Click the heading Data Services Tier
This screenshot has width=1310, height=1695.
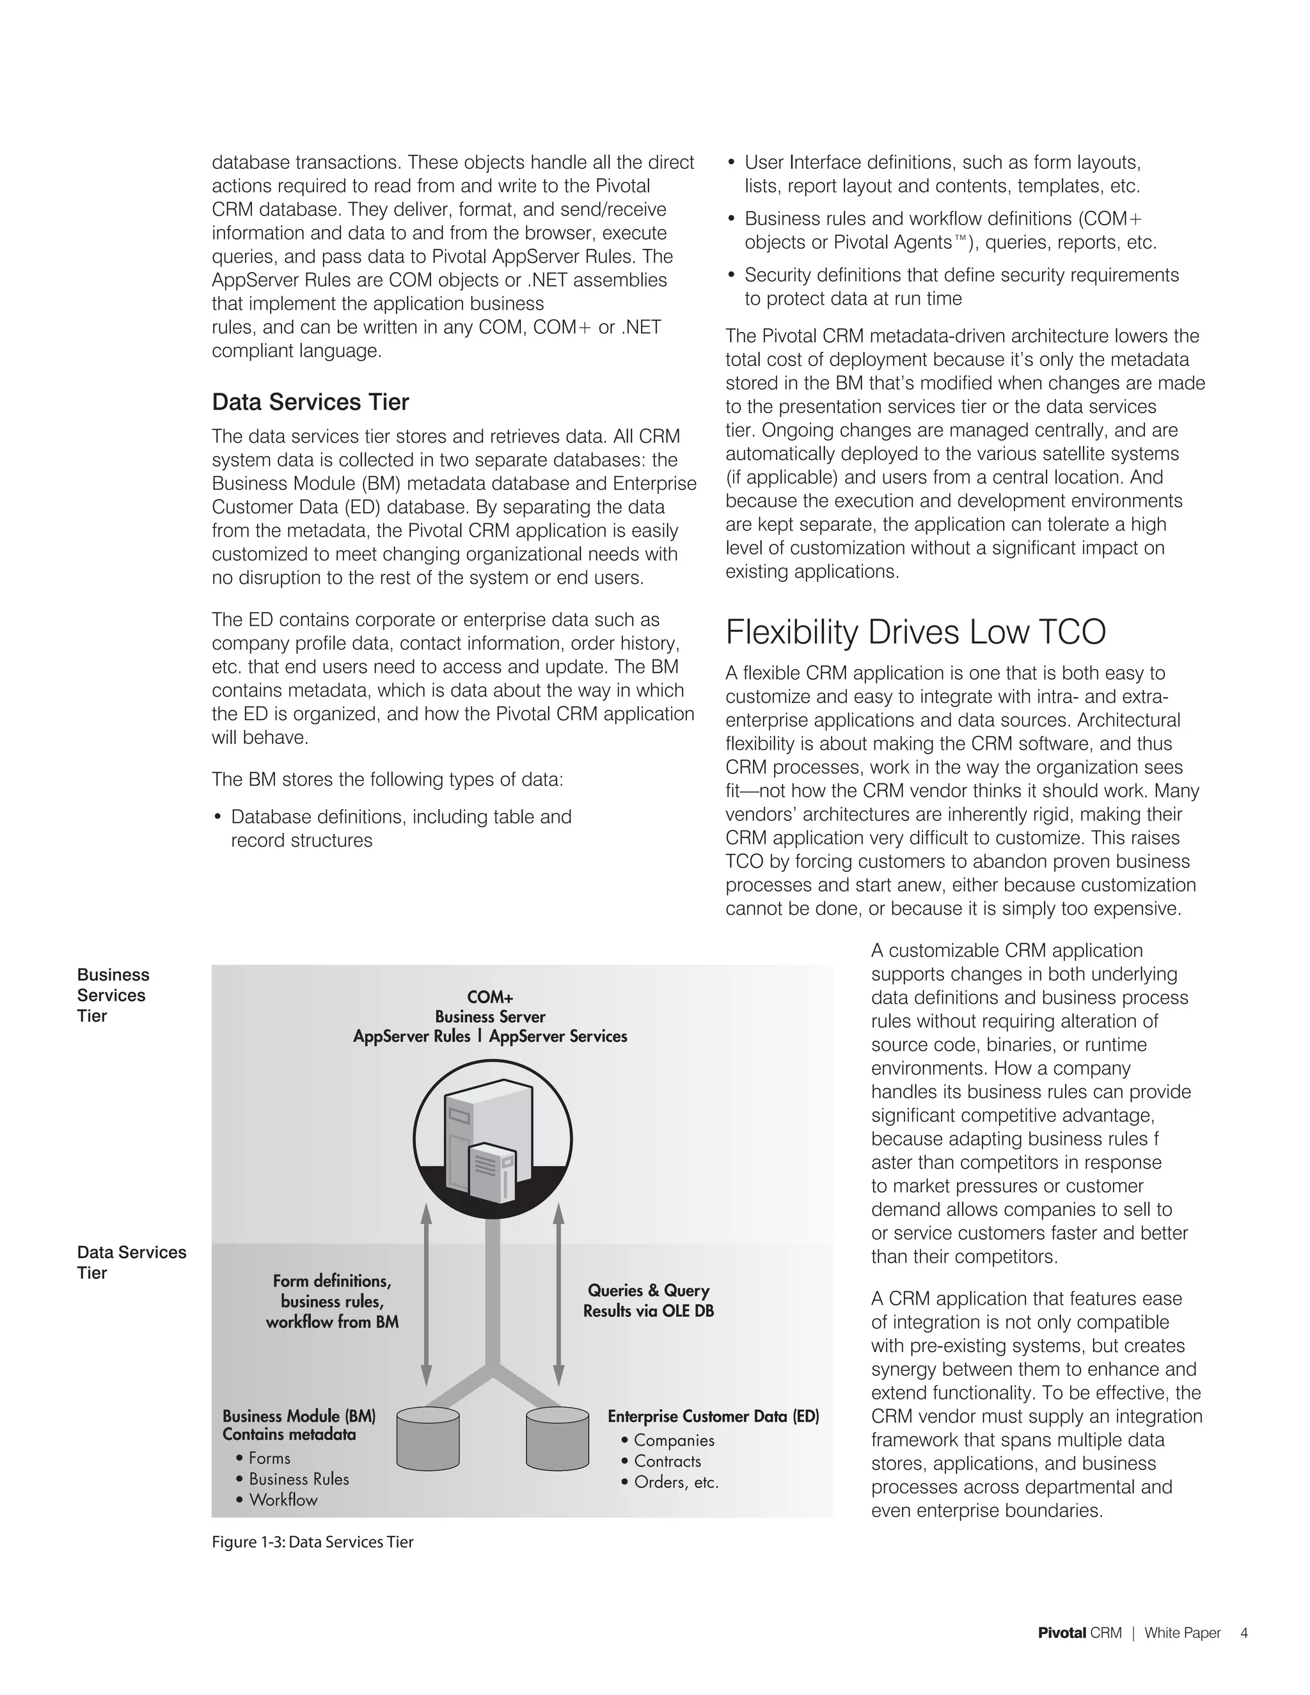coord(310,402)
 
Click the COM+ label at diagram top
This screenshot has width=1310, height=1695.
coord(490,997)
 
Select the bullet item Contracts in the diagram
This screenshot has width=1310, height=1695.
coord(667,1461)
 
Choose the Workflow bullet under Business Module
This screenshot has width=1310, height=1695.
coord(283,1499)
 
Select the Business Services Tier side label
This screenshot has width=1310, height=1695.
coord(113,995)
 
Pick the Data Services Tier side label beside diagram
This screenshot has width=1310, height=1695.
coord(130,1262)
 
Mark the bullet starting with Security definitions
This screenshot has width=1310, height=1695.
coord(961,287)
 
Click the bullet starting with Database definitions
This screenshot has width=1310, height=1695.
coord(400,828)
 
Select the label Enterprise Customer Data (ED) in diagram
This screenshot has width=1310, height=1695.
coord(713,1416)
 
